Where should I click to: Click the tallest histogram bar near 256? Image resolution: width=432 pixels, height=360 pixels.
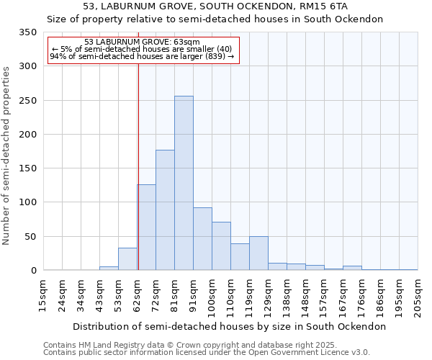[x=184, y=183]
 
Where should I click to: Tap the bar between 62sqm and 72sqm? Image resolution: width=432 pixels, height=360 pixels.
[x=147, y=228]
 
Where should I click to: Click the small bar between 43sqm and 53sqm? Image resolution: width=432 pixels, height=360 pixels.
[x=109, y=269]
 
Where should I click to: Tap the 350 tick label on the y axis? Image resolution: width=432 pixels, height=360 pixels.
[x=28, y=32]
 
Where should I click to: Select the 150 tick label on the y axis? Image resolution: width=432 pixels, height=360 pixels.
[x=28, y=168]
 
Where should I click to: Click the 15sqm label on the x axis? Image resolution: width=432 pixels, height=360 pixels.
[x=44, y=295]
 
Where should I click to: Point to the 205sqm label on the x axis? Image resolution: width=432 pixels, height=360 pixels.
[x=418, y=297]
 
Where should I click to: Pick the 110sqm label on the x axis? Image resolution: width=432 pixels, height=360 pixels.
[x=230, y=297]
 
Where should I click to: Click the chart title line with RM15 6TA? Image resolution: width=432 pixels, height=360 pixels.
[x=215, y=6]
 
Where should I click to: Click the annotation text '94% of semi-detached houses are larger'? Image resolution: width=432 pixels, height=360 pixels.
[x=142, y=56]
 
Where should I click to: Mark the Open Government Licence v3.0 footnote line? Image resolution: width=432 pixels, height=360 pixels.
[x=207, y=352]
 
